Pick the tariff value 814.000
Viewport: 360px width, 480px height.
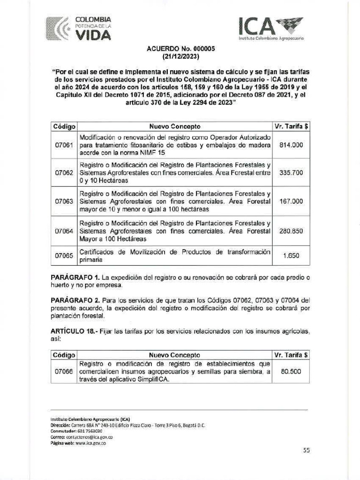tap(291, 145)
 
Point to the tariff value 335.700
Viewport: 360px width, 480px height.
tap(291, 173)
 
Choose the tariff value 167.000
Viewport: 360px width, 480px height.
tap(291, 201)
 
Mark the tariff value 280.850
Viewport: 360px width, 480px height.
tap(291, 231)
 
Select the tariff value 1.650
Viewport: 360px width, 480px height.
tap(291, 256)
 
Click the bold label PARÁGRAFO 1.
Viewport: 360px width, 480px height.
tap(73, 277)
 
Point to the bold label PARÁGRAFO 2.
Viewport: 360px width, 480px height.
tap(73, 300)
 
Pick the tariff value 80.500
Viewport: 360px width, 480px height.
tap(291, 372)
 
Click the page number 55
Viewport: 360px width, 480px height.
tap(307, 450)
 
